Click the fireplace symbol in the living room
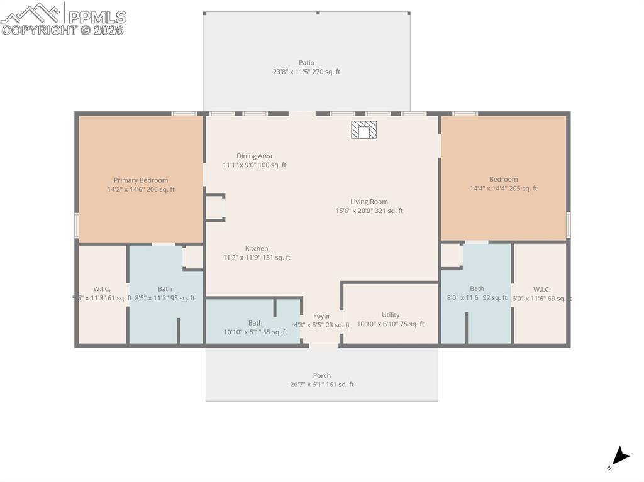point(364,130)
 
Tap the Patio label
point(306,63)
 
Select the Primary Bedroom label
point(141,180)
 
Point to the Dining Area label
point(254,156)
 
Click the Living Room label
point(369,202)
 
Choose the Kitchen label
point(257,248)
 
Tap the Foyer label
point(321,316)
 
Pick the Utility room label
point(391,315)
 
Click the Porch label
point(321,376)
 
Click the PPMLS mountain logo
point(32,13)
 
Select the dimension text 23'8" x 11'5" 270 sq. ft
point(306,72)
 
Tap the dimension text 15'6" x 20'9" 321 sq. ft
point(369,211)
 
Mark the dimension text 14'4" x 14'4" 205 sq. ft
point(503,189)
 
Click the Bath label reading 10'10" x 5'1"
point(255,323)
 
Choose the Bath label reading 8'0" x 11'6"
point(477,289)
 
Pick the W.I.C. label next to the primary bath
point(102,289)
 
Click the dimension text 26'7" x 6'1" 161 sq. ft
point(321,385)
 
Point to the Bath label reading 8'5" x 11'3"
point(165,289)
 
